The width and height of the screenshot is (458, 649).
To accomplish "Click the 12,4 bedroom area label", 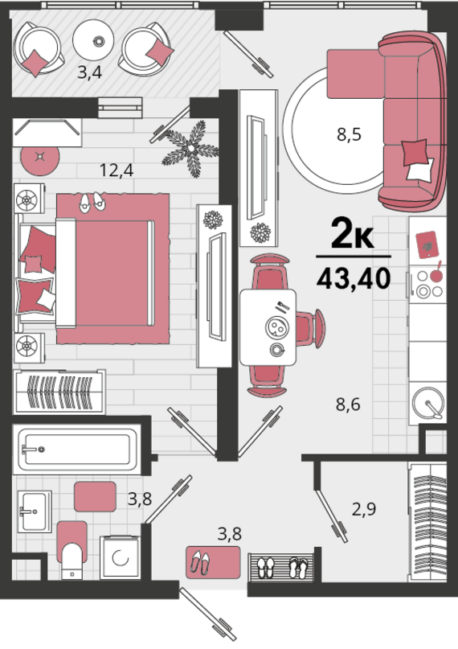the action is tap(117, 170).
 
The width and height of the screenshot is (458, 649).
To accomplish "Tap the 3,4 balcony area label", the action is tap(90, 72).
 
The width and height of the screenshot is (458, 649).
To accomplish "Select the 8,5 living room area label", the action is tap(350, 134).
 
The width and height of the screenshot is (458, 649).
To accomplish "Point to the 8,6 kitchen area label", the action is tap(348, 404).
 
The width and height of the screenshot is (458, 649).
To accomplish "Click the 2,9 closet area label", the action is tap(364, 509).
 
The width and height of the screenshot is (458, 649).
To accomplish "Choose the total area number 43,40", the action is tap(354, 277).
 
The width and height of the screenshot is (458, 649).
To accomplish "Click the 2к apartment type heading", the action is tap(353, 235).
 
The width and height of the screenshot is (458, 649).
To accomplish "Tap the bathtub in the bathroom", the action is tap(77, 449).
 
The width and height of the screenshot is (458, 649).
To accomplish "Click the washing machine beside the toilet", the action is tap(121, 557).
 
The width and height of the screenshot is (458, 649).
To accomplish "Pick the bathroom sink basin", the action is tap(35, 511).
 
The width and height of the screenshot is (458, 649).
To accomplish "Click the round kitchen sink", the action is tap(428, 403).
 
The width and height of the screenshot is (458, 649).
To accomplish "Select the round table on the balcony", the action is tap(93, 40).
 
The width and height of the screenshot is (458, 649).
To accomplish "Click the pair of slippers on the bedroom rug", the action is tap(92, 203).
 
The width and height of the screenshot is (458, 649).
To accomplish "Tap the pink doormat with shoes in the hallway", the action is tap(213, 562).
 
